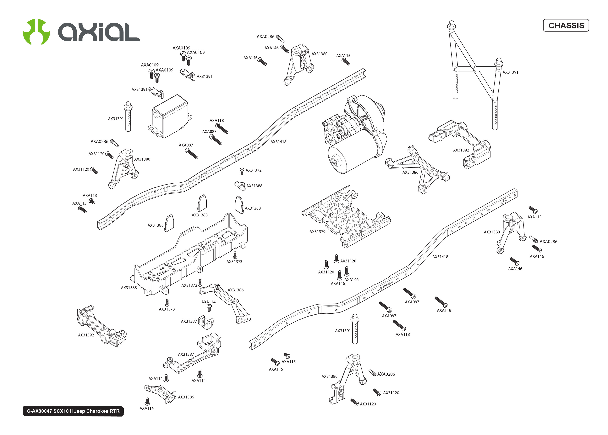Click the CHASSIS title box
566,26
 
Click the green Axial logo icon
36,32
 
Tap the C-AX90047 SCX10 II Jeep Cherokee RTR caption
73,411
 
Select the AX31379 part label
317,232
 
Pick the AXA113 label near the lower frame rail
288,362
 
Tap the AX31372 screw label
254,170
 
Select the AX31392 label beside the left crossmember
86,335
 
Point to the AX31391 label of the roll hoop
510,72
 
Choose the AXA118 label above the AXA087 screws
216,121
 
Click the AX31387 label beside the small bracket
189,321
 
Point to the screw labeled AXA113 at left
92,201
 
